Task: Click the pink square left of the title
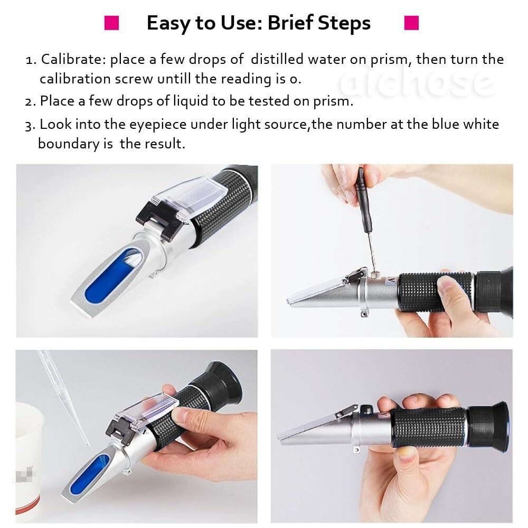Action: (111, 23)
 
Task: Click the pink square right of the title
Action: (411, 23)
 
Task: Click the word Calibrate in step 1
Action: (73, 59)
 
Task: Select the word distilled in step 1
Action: (277, 59)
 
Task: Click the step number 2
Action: (30, 101)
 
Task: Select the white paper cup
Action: (29, 454)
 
